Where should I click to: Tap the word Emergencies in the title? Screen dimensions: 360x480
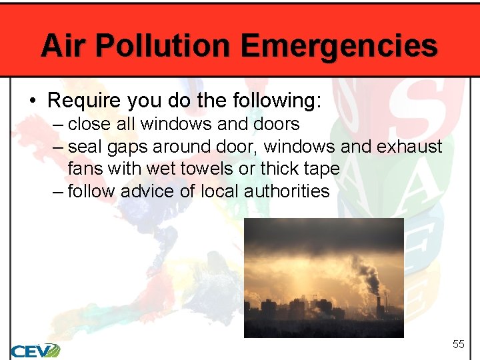pyautogui.click(x=339, y=46)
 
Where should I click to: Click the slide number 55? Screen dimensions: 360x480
pyautogui.click(x=458, y=344)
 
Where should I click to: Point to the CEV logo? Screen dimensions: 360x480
pyautogui.click(x=35, y=350)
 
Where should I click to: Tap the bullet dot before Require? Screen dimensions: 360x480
pyautogui.click(x=32, y=101)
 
